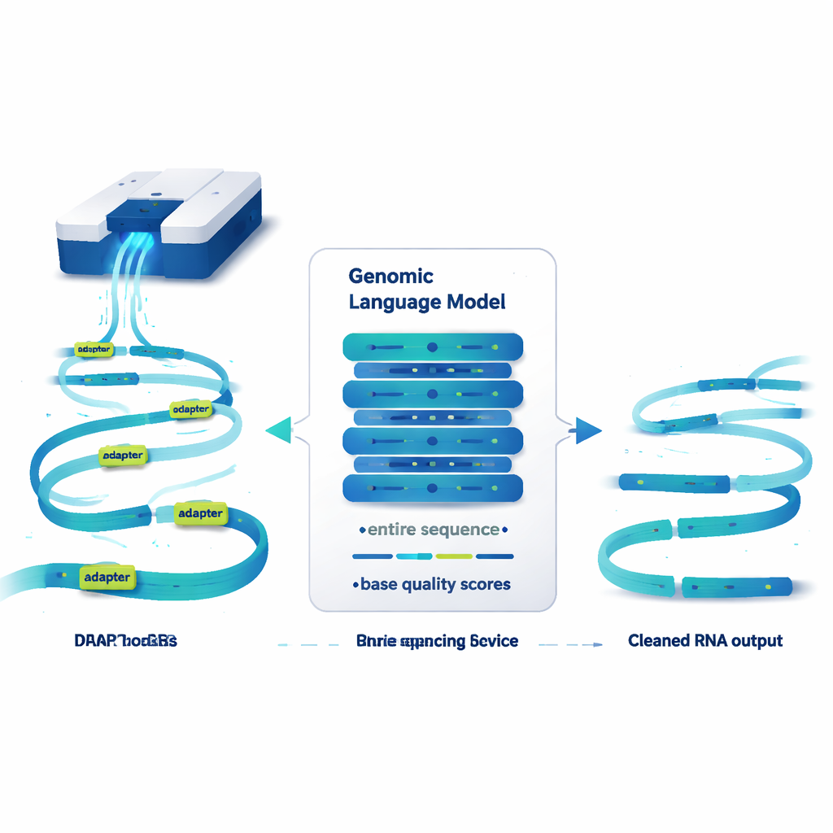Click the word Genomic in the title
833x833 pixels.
coord(390,277)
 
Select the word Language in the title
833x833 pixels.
coord(395,303)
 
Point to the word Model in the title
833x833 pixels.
coord(477,303)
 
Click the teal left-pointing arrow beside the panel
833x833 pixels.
coord(279,429)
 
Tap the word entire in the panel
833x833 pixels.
coord(391,530)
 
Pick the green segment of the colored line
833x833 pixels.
coord(454,556)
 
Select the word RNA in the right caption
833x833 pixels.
coord(714,641)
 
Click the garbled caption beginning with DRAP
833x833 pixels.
coord(125,641)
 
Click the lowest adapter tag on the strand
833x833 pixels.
coord(107,578)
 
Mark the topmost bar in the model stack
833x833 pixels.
coord(433,347)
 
